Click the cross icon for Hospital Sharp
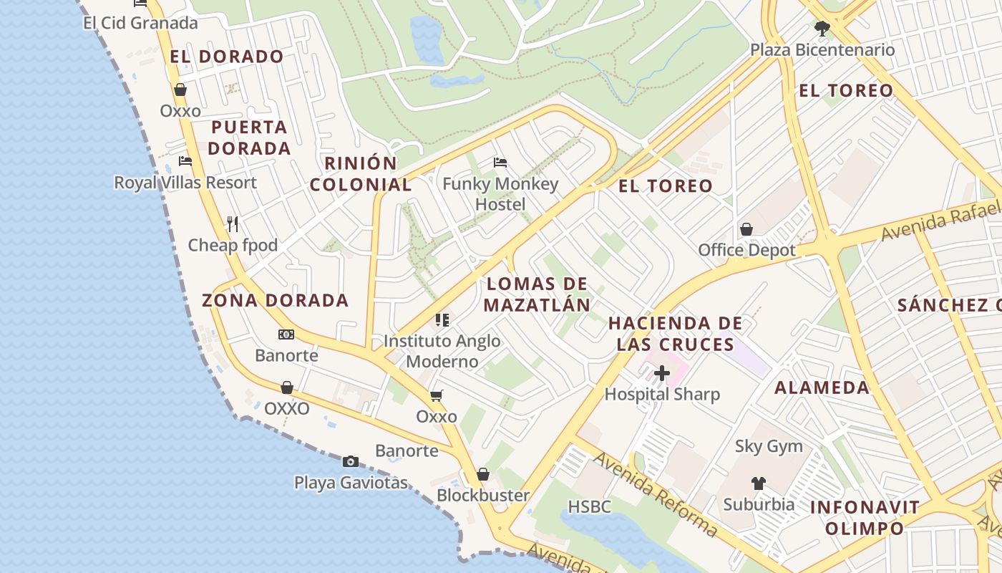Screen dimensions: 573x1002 pyautogui.click(x=662, y=373)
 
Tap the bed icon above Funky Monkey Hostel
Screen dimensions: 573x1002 pyautogui.click(x=500, y=163)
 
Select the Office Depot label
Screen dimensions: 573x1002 pyautogui.click(x=746, y=250)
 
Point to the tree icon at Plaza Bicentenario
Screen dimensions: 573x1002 pyautogui.click(x=822, y=29)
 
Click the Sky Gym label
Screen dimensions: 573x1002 pyautogui.click(x=769, y=446)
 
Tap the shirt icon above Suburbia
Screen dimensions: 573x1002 pyautogui.click(x=759, y=483)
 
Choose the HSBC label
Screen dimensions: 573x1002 pyautogui.click(x=589, y=507)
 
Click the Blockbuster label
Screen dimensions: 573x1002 pyautogui.click(x=483, y=495)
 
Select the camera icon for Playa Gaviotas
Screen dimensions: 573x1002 pyautogui.click(x=350, y=461)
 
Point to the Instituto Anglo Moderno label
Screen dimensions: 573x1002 pyautogui.click(x=442, y=351)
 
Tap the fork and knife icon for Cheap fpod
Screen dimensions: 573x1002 pyautogui.click(x=233, y=224)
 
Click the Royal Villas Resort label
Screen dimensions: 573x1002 pyautogui.click(x=185, y=183)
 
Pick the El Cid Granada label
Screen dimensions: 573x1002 pyautogui.click(x=140, y=23)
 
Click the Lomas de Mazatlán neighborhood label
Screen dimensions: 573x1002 pyautogui.click(x=537, y=294)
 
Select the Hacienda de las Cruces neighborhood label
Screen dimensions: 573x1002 pyautogui.click(x=676, y=334)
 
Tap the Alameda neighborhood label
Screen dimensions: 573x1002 pyautogui.click(x=822, y=387)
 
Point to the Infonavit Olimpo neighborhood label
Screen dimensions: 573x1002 pyautogui.click(x=865, y=518)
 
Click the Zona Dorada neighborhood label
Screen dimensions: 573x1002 pyautogui.click(x=275, y=300)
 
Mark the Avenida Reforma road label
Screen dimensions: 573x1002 pyautogui.click(x=656, y=495)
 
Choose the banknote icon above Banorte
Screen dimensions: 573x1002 pyautogui.click(x=286, y=334)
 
